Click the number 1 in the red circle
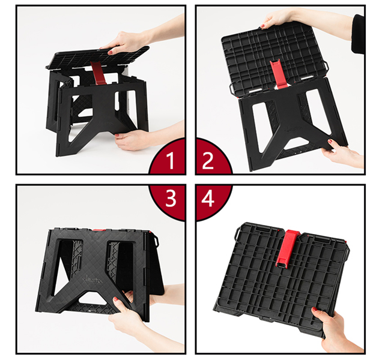171,160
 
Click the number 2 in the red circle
208,160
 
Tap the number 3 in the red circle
171,198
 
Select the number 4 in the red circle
208,198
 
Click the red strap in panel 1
98,73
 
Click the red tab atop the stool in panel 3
99,229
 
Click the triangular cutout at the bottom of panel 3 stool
92,298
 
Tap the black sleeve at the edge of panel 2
357,34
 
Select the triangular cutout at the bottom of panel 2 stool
299,143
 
